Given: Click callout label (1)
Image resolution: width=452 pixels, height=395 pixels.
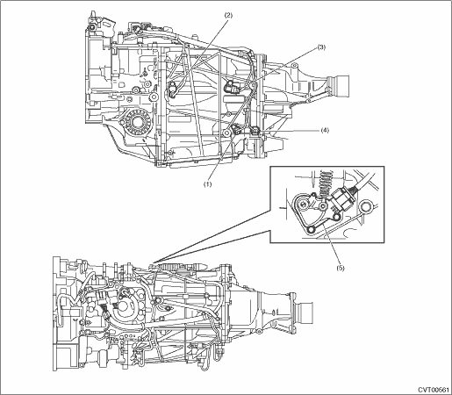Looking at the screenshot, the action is pos(207,184).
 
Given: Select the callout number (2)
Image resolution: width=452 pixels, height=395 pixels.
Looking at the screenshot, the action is pos(228,15).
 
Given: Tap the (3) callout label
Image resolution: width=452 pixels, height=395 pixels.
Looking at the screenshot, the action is pos(321,47).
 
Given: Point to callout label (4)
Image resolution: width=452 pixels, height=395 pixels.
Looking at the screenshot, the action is pos(325,130).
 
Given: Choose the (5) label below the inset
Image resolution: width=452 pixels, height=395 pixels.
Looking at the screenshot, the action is pos(341,268).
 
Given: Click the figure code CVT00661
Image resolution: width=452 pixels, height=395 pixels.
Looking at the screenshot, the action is pos(434,390).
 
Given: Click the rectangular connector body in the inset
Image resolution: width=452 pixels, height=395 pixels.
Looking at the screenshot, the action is pos(343,198).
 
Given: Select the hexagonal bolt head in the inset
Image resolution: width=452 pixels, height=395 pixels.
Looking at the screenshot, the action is pos(366,207).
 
